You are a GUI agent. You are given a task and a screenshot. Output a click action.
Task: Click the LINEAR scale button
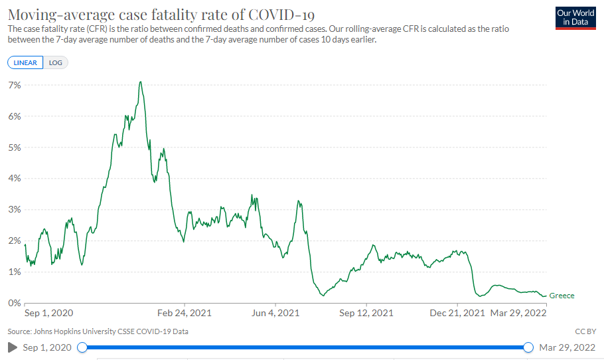[x=25, y=62]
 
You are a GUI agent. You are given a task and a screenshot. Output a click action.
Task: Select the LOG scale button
[x=56, y=62]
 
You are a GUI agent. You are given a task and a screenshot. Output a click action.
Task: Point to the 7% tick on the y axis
[x=15, y=85]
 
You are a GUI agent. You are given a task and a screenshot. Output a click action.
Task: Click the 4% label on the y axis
[x=15, y=178]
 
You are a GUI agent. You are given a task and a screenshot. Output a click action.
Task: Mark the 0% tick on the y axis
[x=15, y=303]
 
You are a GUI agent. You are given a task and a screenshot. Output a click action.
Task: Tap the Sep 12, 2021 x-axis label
[x=366, y=313]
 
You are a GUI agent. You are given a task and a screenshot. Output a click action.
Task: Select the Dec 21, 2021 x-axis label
[x=458, y=313]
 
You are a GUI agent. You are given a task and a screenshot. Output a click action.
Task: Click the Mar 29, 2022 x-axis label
[x=518, y=313]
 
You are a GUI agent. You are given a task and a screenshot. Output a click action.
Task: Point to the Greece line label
[x=562, y=296]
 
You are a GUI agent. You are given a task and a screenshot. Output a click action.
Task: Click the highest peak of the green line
[x=140, y=82]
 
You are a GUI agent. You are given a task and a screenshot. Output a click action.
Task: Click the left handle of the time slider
[x=82, y=347]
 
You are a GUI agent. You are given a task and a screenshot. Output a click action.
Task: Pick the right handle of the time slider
[x=528, y=347]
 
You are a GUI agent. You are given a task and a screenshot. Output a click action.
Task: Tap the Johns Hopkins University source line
[x=98, y=331]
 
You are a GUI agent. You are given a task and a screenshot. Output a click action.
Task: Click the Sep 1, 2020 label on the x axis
[x=48, y=313]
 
